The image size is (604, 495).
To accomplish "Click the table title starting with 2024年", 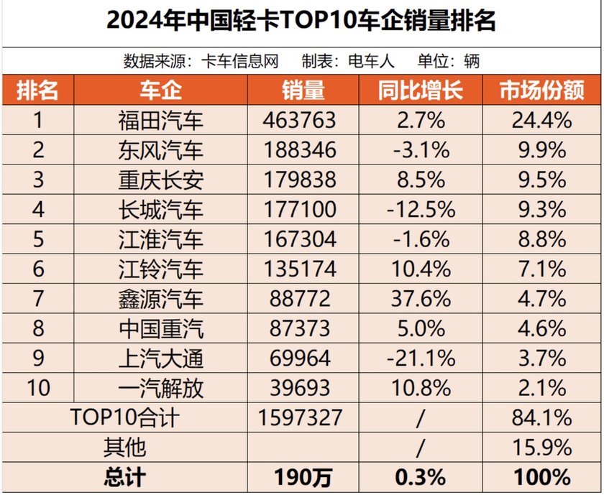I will coord(301,22).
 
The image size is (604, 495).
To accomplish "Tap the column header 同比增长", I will coord(421,90).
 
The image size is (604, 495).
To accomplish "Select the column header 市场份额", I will coord(541,90).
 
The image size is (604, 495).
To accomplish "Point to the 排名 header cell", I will coord(37,90).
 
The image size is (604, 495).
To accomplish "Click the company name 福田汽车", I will coord(161,120).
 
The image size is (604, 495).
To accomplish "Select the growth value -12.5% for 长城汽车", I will coord(421,209).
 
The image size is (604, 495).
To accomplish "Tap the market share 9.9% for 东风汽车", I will coord(541,149).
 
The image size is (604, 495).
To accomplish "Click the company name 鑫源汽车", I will coord(161,298).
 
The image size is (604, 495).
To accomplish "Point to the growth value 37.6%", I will coord(421,298).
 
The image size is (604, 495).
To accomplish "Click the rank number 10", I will coord(37,388).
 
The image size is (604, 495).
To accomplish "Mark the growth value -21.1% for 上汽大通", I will coord(421,358).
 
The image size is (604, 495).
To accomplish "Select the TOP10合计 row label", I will coord(124,417).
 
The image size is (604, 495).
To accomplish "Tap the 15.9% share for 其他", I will coord(541,447).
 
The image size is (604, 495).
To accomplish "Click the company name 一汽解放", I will coord(161,388).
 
